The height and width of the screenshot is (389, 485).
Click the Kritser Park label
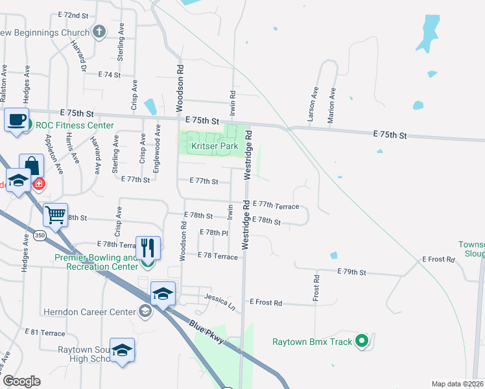(215, 147)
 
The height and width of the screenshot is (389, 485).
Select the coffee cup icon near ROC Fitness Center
(17, 121)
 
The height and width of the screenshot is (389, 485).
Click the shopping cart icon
(55, 214)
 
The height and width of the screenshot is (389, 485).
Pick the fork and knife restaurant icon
(148, 247)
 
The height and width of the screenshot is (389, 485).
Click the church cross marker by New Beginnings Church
(99, 32)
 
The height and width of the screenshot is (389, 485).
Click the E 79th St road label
(352, 272)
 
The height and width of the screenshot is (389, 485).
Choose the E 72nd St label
(73, 14)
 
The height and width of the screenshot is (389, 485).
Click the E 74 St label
(110, 75)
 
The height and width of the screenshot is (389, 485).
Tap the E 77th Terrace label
(276, 206)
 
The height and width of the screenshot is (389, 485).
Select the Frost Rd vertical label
(316, 287)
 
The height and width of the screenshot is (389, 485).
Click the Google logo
(21, 381)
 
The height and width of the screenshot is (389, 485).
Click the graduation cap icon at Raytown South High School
(122, 351)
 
